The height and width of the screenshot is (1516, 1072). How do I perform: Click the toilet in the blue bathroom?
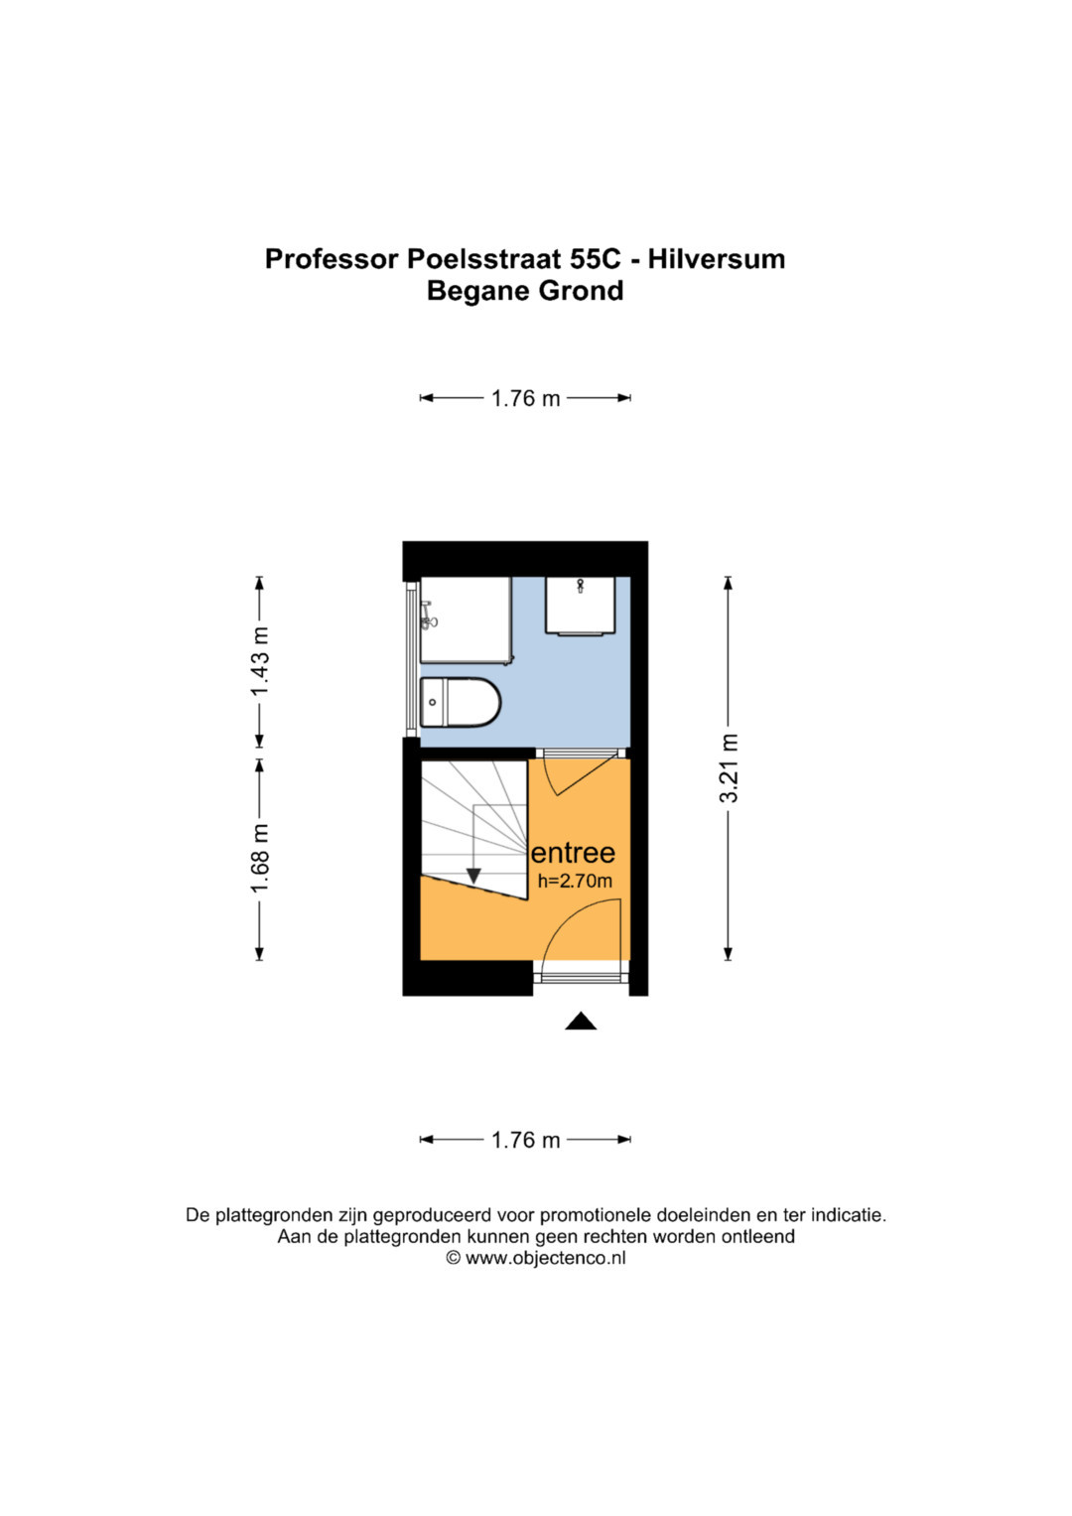pyautogui.click(x=461, y=703)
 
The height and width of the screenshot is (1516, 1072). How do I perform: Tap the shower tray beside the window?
pyautogui.click(x=467, y=620)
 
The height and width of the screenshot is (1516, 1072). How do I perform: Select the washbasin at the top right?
pyautogui.click(x=580, y=606)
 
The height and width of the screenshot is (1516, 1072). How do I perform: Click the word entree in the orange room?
pyautogui.click(x=574, y=854)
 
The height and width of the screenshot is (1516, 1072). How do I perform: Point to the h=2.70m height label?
pyautogui.click(x=575, y=882)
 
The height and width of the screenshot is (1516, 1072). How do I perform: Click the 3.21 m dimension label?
pyautogui.click(x=729, y=768)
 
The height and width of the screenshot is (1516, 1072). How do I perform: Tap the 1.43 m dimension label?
pyautogui.click(x=260, y=661)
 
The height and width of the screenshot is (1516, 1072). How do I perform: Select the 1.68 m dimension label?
pyautogui.click(x=260, y=858)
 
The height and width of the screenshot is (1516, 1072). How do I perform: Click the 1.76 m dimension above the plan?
pyautogui.click(x=526, y=399)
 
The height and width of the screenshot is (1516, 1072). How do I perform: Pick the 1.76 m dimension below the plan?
pyautogui.click(x=526, y=1141)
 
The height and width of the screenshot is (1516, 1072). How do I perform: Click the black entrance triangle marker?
pyautogui.click(x=581, y=1021)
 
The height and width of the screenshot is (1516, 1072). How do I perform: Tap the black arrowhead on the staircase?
pyautogui.click(x=473, y=876)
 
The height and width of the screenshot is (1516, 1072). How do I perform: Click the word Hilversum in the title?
pyautogui.click(x=717, y=259)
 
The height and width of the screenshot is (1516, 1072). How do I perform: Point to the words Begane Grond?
pyautogui.click(x=525, y=291)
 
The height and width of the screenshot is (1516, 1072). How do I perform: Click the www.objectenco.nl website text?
pyautogui.click(x=546, y=1258)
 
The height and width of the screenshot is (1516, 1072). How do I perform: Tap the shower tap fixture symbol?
pyautogui.click(x=428, y=616)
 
